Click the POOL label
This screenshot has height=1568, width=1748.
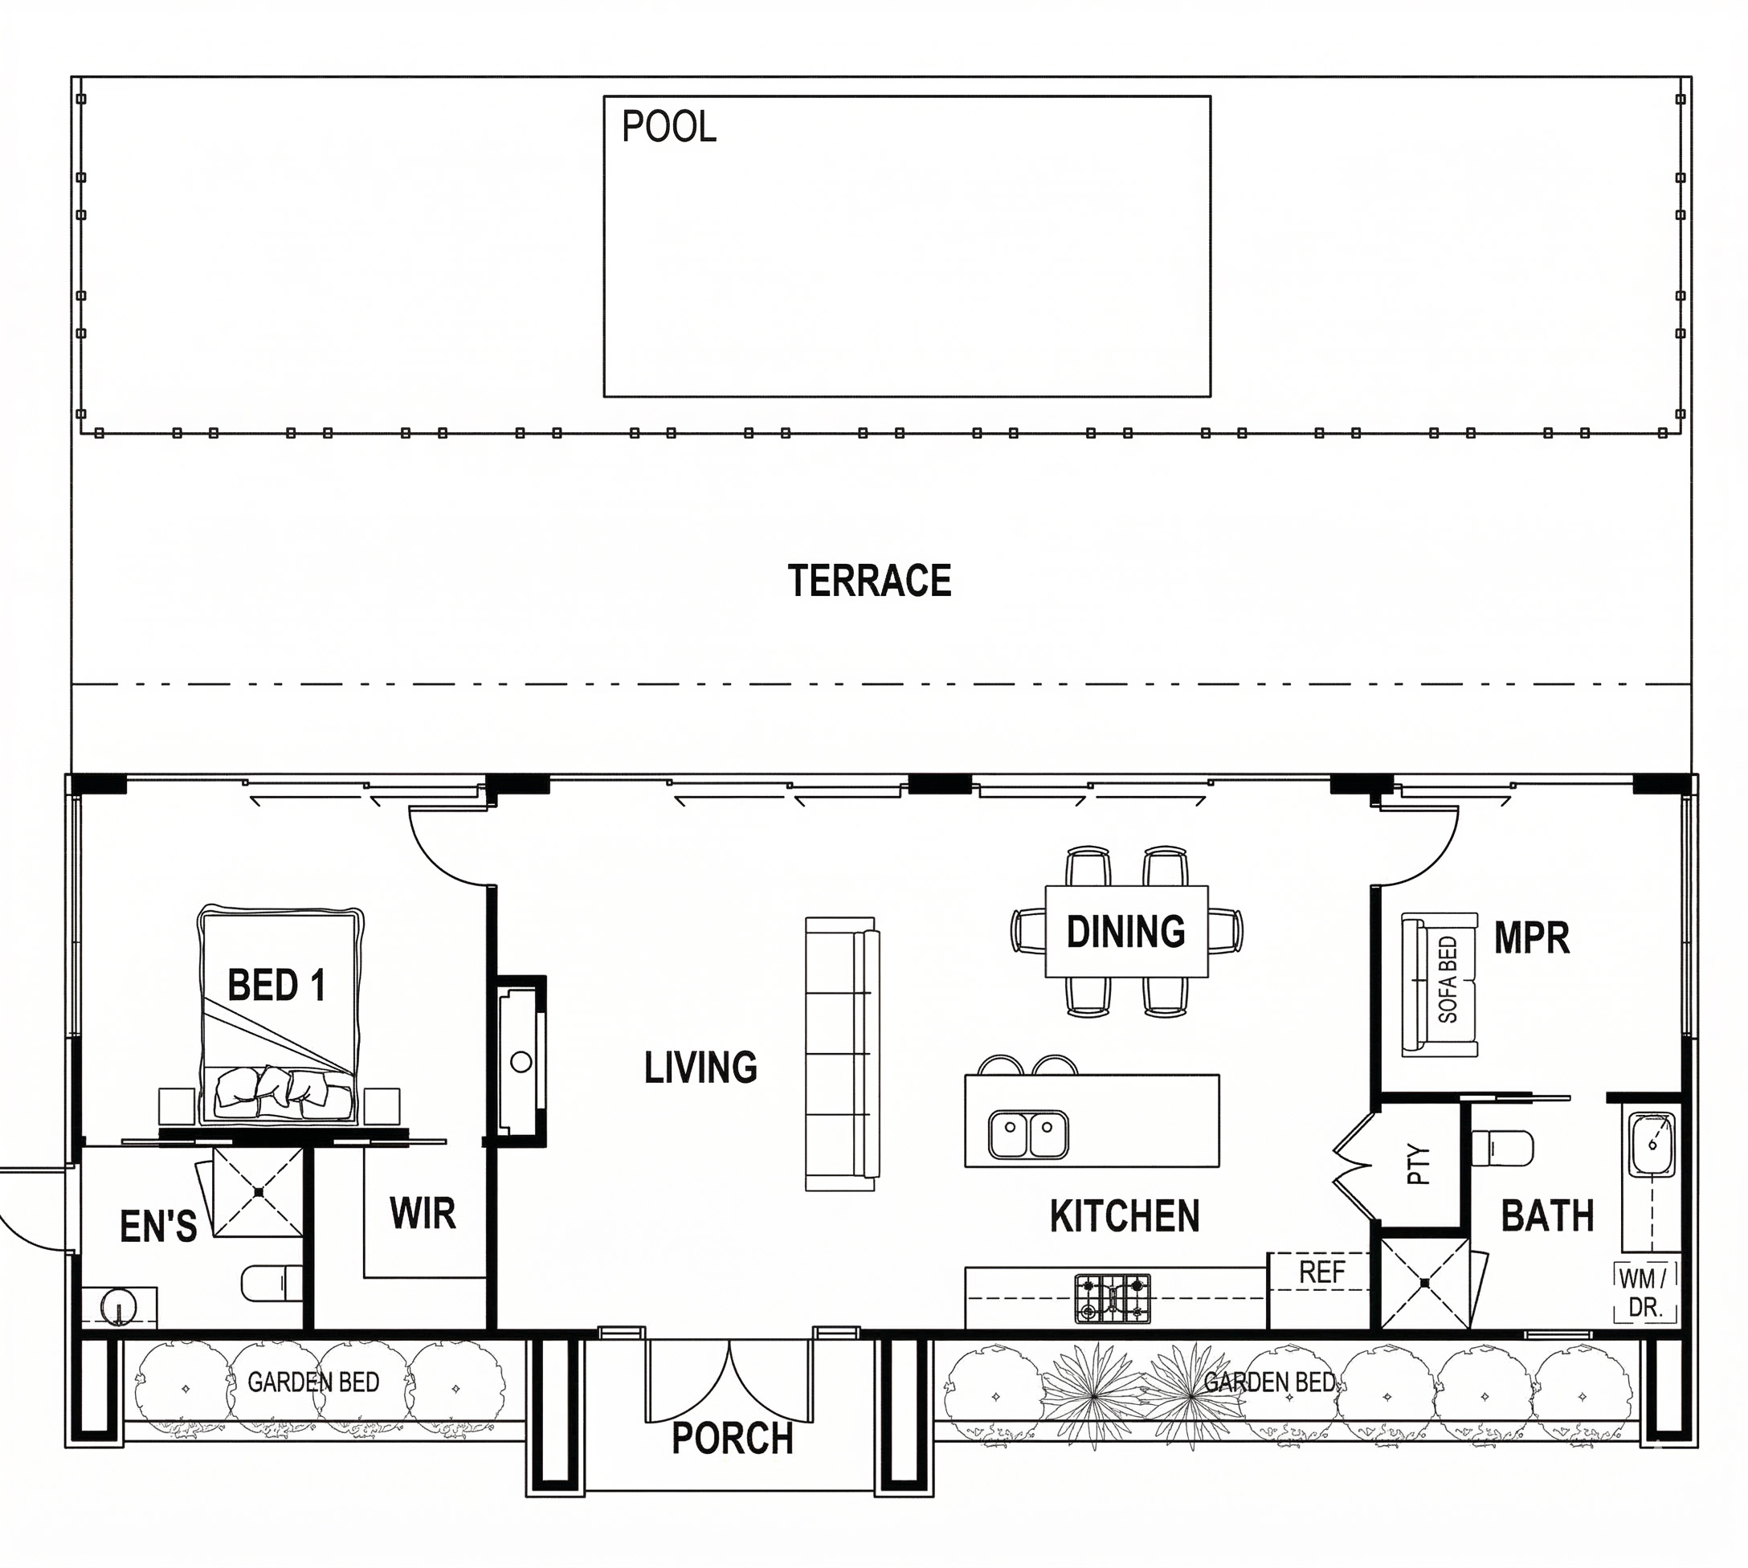pyautogui.click(x=668, y=127)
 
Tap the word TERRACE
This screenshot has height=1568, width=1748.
pyautogui.click(x=869, y=581)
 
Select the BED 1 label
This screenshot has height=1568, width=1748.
pyautogui.click(x=276, y=985)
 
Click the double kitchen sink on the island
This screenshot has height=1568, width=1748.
pyautogui.click(x=1029, y=1133)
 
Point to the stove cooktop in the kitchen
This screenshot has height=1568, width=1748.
pyautogui.click(x=1113, y=1299)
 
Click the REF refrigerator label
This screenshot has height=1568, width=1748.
pyautogui.click(x=1321, y=1272)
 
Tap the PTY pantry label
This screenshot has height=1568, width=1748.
pyautogui.click(x=1418, y=1165)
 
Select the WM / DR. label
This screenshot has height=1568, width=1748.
pyautogui.click(x=1644, y=1293)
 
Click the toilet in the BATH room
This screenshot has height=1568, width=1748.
pyautogui.click(x=1502, y=1148)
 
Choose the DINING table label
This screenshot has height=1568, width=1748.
pyautogui.click(x=1126, y=931)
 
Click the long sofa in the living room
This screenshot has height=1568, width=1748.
pyautogui.click(x=843, y=1054)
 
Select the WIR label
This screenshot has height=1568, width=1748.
pyautogui.click(x=423, y=1213)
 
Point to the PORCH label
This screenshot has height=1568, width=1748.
pyautogui.click(x=733, y=1438)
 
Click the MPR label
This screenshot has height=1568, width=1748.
pyautogui.click(x=1532, y=937)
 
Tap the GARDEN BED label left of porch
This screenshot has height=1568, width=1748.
pyautogui.click(x=313, y=1382)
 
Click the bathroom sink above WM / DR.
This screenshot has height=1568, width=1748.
pyautogui.click(x=1651, y=1144)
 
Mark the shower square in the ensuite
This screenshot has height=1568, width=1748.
pyautogui.click(x=259, y=1191)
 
